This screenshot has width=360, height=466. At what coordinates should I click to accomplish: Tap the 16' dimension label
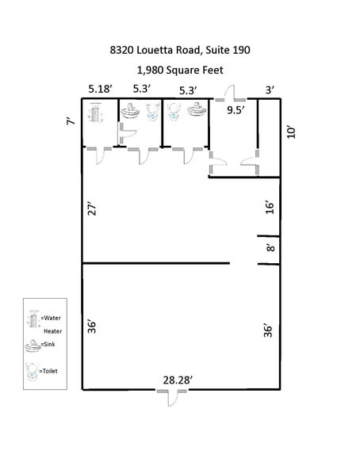coord(270,208)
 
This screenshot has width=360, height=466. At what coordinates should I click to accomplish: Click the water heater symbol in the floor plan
coord(97,115)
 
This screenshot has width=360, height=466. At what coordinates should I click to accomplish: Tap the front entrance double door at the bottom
coord(172,395)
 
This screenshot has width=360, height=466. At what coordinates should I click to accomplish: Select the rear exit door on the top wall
coord(231,94)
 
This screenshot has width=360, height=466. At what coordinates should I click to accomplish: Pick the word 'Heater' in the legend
coord(52,330)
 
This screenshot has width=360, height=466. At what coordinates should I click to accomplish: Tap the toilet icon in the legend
coord(33,370)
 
